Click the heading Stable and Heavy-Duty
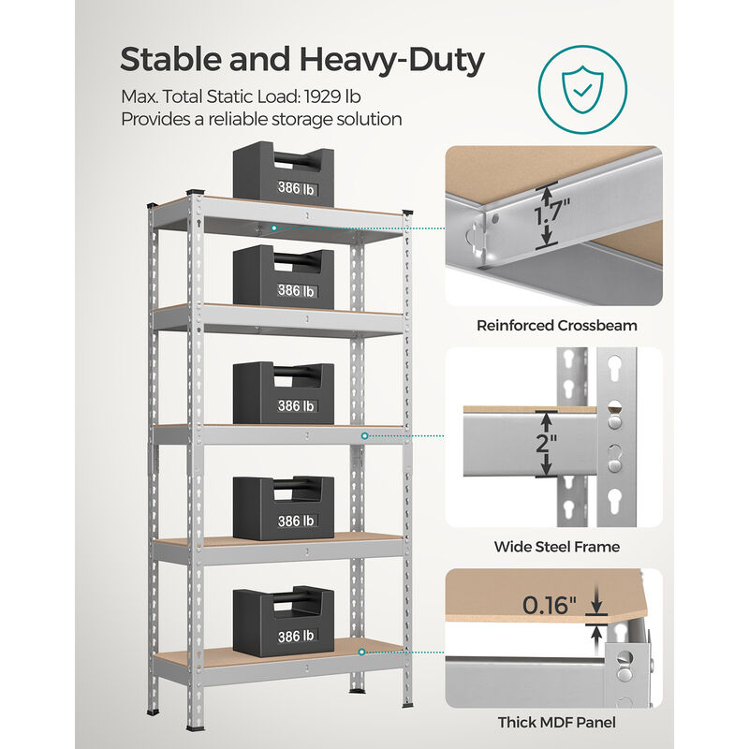click(301, 60)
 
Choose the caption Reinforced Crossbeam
click(556, 326)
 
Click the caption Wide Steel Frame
click(556, 546)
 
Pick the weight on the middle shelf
click(283, 393)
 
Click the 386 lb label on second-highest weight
click(296, 290)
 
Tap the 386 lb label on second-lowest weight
click(296, 521)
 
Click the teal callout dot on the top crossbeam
click(273, 228)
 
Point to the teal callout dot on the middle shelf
click(365, 435)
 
